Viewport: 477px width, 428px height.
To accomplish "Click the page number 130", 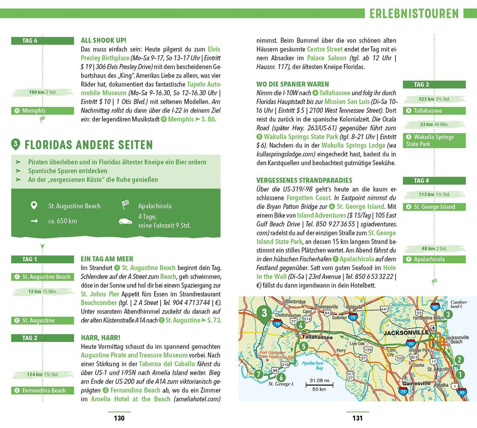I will point(119,418).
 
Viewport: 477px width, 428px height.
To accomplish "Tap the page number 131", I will point(358,418).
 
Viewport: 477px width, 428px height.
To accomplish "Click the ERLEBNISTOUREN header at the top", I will point(414,14).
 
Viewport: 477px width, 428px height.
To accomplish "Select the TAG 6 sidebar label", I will point(30,41).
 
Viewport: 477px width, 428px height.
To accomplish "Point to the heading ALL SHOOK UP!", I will point(104,40).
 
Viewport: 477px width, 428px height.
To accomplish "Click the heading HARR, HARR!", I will point(101,338).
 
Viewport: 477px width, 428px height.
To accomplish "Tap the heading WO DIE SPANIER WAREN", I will point(293,84).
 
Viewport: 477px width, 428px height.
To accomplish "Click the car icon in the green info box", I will point(125,221).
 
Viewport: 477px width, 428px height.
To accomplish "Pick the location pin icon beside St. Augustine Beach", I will point(34,206).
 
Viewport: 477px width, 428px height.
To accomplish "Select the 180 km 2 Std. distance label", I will point(43,92).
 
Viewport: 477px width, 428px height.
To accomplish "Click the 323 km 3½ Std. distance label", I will point(434,99).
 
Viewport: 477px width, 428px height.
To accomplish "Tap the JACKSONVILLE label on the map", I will point(406,332).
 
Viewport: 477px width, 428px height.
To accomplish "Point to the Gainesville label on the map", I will point(416,383).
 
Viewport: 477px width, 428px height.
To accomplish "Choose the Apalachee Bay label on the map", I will point(312,365).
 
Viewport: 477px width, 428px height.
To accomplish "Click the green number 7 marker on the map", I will point(258,374).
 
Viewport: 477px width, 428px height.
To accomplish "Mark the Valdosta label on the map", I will point(354,307).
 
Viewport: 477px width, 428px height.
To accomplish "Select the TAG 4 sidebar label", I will point(422,181).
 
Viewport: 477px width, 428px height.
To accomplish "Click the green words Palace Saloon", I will point(327,58).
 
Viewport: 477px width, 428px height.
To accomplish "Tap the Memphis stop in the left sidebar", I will point(34,111).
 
